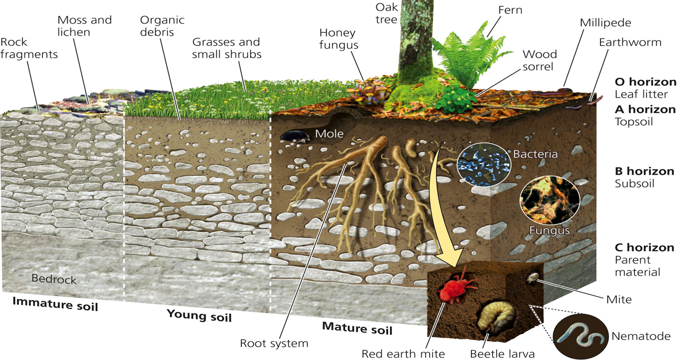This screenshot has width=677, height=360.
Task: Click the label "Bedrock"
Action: pos(54,279)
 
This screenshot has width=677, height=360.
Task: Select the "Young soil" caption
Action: pos(199,316)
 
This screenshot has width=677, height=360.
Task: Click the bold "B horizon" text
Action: pos(644,171)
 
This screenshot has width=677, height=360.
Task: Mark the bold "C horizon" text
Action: pos(644,248)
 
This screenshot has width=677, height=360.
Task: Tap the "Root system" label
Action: pos(274,343)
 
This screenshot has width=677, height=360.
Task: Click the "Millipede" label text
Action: pos(605,23)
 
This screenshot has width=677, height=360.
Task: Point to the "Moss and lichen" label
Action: pos(84,26)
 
